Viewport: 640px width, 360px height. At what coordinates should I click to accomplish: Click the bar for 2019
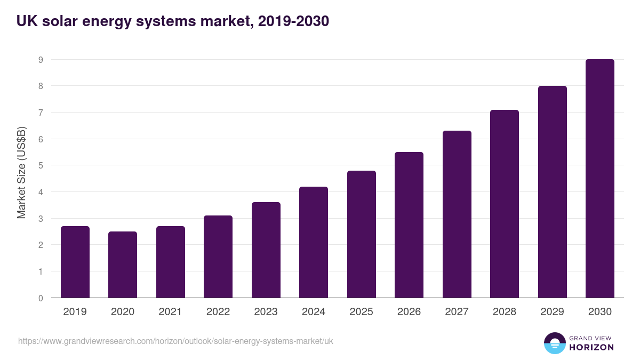click(75, 262)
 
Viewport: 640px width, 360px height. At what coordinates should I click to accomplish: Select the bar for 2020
click(123, 265)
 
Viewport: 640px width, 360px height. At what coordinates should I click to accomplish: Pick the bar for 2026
click(409, 225)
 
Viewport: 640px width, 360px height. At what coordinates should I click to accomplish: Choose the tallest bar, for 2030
click(600, 178)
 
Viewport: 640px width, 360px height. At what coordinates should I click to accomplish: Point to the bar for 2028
click(505, 204)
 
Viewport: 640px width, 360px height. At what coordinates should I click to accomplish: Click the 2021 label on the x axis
click(170, 311)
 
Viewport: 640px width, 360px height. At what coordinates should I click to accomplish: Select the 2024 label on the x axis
click(314, 311)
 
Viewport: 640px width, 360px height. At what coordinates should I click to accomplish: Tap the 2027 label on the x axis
click(457, 311)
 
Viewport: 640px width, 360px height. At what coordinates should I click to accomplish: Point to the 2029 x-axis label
click(552, 311)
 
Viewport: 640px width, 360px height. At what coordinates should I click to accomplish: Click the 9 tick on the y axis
click(41, 60)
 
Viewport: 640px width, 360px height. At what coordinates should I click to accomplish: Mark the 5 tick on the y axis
click(41, 165)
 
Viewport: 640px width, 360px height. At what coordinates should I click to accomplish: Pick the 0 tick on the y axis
click(41, 298)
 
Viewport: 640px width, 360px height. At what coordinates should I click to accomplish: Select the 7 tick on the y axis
click(41, 113)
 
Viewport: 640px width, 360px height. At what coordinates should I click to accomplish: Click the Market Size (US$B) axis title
click(21, 173)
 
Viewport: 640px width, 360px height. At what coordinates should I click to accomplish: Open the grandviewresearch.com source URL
click(175, 341)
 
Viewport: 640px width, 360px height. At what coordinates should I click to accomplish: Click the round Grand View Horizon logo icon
click(554, 343)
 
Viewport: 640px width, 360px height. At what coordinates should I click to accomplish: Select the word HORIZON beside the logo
click(591, 347)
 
